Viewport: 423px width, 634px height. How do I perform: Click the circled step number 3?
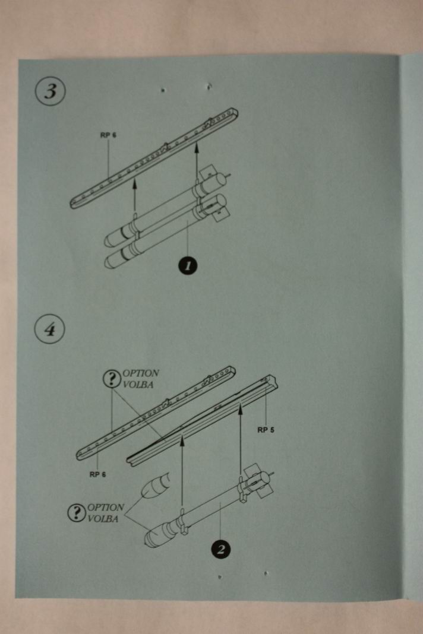50,93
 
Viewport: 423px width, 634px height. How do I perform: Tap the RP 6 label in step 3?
108,135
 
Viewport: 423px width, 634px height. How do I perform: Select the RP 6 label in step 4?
98,474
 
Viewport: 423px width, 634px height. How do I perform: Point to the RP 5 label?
266,430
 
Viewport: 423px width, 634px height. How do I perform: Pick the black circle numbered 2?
220,549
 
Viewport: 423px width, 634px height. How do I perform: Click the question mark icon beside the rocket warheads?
77,513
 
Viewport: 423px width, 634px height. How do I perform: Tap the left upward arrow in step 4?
182,469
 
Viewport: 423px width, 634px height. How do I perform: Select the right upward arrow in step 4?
240,439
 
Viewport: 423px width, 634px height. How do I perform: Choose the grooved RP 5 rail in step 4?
202,419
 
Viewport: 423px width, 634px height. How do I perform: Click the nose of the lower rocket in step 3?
113,259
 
